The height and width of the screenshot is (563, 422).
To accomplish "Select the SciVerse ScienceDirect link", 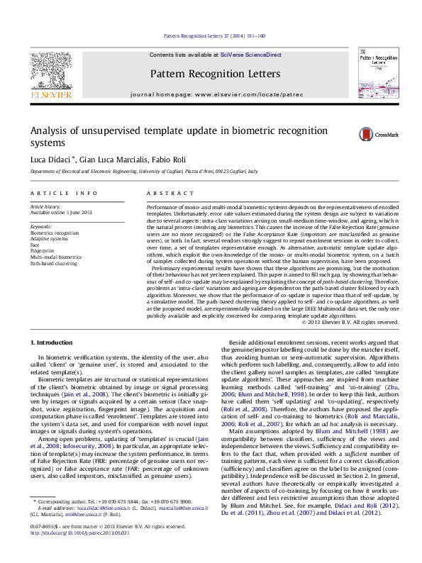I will pos(250,55).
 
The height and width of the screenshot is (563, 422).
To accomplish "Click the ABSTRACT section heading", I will pos(165,193).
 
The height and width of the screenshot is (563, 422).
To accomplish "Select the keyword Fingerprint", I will pos(43,250).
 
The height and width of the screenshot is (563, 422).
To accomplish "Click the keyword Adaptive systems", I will pos(48,238).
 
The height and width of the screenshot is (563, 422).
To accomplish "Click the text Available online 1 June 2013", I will pos(61,212).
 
